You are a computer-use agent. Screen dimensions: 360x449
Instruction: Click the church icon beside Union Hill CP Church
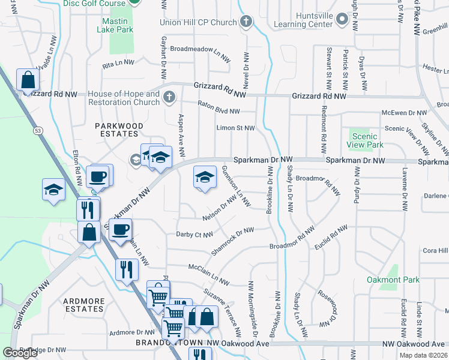click(246, 22)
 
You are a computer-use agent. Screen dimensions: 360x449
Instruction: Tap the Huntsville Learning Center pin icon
click(342, 20)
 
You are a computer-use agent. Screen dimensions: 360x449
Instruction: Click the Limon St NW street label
click(235, 128)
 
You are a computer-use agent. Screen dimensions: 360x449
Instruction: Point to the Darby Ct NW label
click(194, 235)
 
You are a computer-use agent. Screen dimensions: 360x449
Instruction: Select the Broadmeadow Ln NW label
click(200, 50)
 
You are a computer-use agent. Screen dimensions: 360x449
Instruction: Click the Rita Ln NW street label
click(117, 64)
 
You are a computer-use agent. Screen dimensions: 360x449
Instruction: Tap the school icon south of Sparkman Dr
click(205, 177)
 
